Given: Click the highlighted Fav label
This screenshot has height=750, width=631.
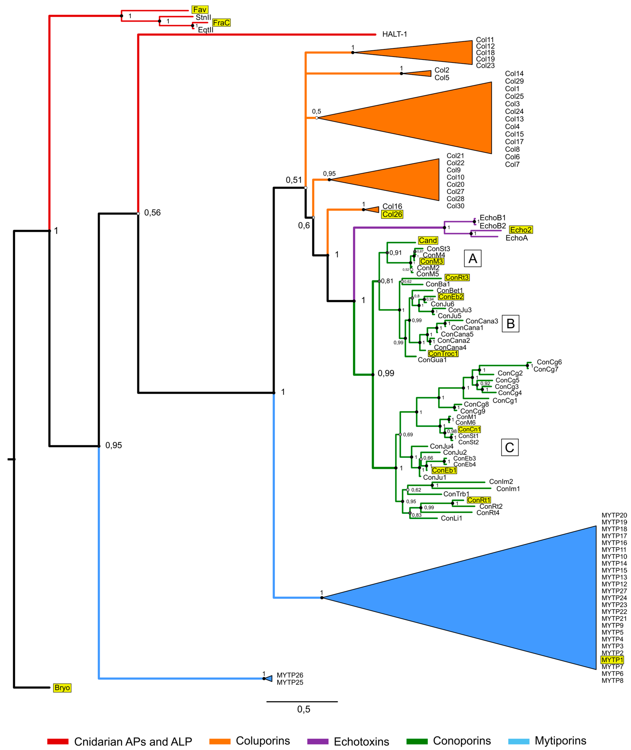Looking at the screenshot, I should click(x=200, y=10).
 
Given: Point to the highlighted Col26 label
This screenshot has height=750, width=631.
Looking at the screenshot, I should click(x=392, y=215).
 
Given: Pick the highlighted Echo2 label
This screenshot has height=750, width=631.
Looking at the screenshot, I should click(x=520, y=230).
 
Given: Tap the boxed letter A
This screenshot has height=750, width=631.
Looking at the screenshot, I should click(x=473, y=258).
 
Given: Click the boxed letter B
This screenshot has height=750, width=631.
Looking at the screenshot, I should click(x=510, y=323).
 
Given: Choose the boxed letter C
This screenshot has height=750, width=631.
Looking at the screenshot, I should click(x=509, y=448).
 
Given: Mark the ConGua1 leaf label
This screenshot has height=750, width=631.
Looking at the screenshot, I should click(x=432, y=360).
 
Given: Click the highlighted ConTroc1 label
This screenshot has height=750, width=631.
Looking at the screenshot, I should click(x=443, y=354).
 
